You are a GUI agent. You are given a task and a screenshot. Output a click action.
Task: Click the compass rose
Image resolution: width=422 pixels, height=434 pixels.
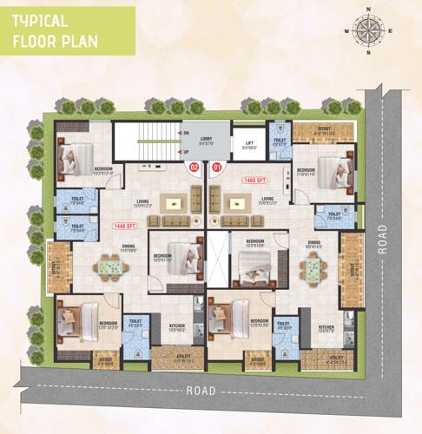coord(368,31)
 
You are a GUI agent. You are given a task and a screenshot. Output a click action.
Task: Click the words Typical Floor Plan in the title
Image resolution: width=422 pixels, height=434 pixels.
coord(54,31)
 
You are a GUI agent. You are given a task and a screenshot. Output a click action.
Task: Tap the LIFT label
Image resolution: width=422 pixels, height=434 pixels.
coord(250,145)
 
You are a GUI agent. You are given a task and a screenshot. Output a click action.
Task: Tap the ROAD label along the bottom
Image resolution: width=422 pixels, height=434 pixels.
coord(201,391)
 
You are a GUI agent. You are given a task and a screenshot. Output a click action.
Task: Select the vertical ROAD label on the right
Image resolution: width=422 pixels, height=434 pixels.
coord(383,239)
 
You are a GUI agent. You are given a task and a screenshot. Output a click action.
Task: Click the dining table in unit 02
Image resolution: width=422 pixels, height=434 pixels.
coord(108,266)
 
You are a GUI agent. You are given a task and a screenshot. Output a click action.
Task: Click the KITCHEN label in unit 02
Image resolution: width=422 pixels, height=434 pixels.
coord(177,327)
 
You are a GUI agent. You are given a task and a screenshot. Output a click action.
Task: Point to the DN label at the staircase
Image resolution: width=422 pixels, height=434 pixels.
coord(185,133)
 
